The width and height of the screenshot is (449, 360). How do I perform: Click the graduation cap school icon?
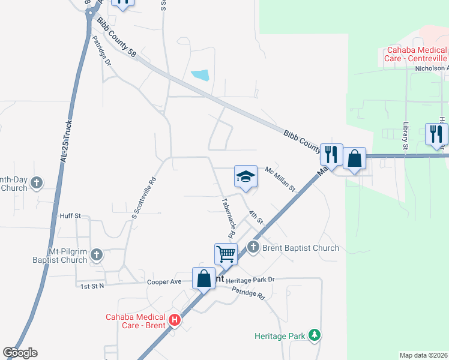point(246,176)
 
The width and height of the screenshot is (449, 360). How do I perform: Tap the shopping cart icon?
point(226,253)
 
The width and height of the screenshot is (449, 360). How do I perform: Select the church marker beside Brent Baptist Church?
point(253,247)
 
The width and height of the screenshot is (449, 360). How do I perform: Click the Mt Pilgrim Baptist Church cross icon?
point(96,256)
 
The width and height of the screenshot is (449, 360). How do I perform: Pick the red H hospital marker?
point(175,320)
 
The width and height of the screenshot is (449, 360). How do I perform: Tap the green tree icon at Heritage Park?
point(313,335)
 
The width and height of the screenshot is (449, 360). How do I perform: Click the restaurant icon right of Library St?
point(436,134)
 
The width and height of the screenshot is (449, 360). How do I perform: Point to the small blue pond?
point(200,76)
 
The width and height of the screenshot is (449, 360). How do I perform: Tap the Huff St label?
point(70,215)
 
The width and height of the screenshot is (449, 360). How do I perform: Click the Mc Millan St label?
point(281,179)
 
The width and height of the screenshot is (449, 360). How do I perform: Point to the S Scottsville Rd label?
point(143,197)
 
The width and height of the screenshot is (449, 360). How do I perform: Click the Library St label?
point(405,138)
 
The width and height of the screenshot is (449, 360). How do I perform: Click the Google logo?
point(20,353)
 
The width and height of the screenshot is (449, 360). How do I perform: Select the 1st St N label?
point(92,286)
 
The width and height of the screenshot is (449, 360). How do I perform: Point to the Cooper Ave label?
point(164,281)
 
